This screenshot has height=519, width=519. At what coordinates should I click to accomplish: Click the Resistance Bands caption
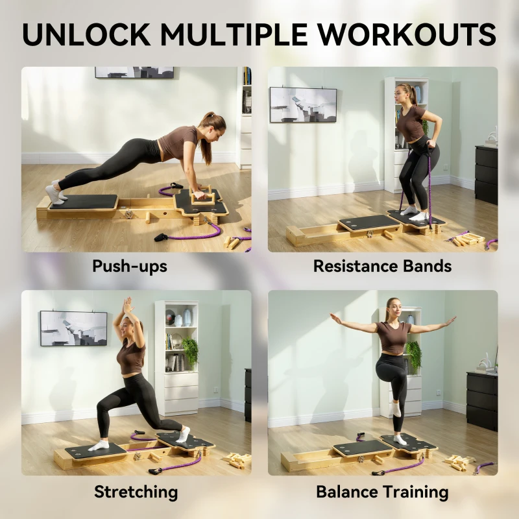[383, 267]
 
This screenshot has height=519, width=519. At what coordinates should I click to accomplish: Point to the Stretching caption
[136, 492]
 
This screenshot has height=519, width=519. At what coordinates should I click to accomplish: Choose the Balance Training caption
[383, 492]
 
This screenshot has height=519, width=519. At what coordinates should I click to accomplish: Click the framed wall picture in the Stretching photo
[73, 328]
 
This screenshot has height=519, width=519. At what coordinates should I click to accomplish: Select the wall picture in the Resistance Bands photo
[303, 104]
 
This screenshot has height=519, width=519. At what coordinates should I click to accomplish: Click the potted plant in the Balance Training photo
[413, 354]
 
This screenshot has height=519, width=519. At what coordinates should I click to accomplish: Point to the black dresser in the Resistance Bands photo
[486, 174]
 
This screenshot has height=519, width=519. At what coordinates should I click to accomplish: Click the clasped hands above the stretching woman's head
[128, 304]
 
